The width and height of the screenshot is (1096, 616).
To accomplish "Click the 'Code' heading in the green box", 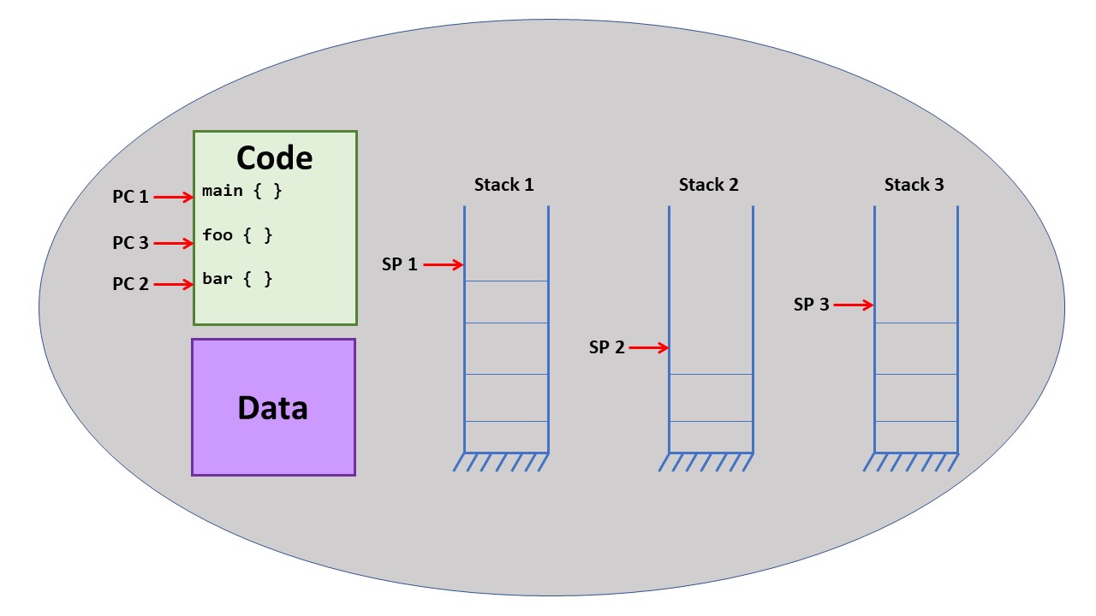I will point(274,158).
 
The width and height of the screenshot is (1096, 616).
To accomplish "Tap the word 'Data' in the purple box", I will point(272,408).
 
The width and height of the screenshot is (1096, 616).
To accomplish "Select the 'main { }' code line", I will point(242,191).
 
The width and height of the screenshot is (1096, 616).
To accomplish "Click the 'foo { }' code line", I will point(237,234).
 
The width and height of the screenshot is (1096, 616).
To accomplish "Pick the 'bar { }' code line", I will point(237,279).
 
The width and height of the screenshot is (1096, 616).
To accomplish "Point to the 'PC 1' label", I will point(130,197).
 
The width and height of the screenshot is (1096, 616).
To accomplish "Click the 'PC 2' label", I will point(130,284).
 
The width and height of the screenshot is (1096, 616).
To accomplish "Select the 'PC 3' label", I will point(130,243).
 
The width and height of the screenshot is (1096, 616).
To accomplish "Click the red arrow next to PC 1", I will point(174,198).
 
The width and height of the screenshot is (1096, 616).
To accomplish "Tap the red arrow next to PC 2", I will point(174,285).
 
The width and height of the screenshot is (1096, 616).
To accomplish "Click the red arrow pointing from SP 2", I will point(649,347).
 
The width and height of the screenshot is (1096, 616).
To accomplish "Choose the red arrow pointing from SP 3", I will point(853,305).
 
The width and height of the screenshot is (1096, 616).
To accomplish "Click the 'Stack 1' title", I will point(504,185).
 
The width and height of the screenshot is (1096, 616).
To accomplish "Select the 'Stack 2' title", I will point(709,185).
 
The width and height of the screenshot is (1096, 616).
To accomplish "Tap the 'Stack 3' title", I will point(914,185).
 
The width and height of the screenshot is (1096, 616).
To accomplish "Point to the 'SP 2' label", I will point(607,347).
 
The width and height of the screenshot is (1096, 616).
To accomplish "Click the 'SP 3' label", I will point(811,305).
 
